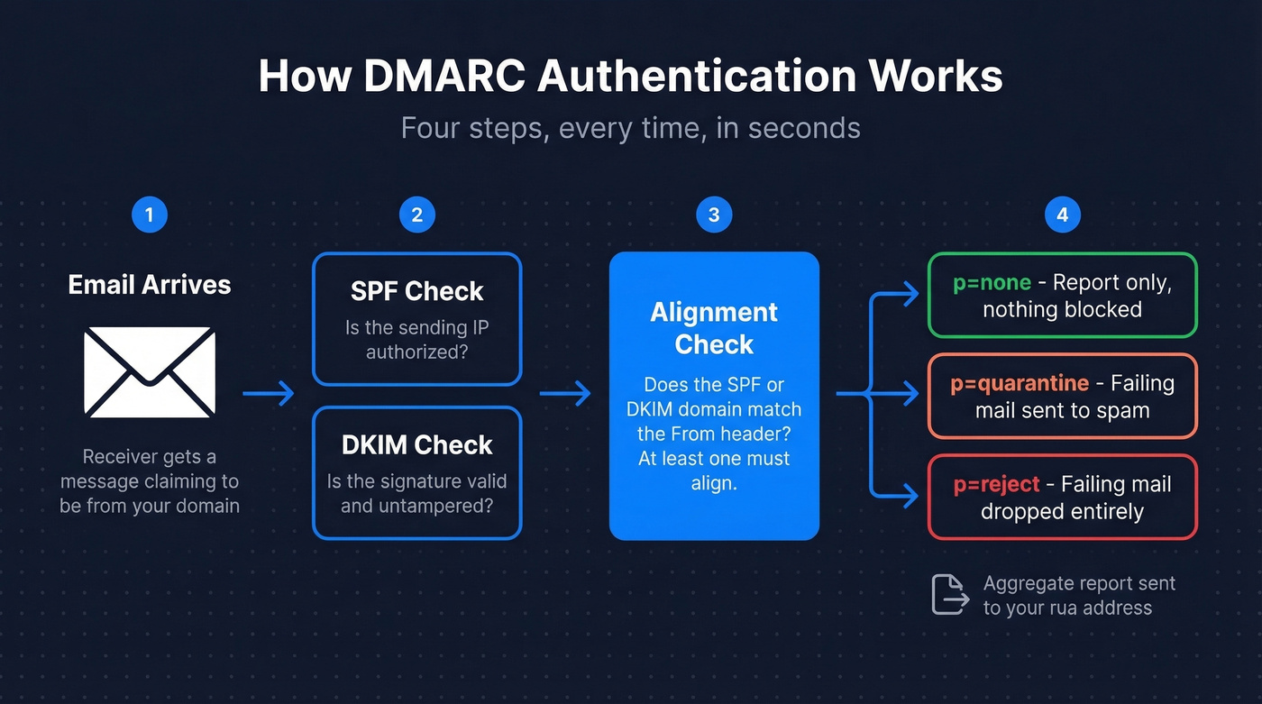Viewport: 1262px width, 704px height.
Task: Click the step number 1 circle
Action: [x=149, y=215]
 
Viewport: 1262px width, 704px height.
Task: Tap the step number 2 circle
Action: [x=416, y=215]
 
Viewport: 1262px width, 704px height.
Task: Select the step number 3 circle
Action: [x=714, y=215]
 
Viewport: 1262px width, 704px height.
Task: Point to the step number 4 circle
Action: [x=1062, y=215]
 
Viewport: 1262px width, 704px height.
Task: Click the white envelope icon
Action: [x=150, y=371]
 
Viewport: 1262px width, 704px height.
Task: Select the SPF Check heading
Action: [x=416, y=291]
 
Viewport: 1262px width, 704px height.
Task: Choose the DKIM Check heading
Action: [x=416, y=444]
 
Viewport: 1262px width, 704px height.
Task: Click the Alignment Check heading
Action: [x=714, y=328]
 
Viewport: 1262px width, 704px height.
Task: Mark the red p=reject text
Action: [x=996, y=485]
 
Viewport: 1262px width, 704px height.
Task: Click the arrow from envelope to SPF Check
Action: [x=269, y=393]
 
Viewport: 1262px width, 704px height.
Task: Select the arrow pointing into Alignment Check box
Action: [x=565, y=393]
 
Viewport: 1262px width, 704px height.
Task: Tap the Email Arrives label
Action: [x=150, y=285]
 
